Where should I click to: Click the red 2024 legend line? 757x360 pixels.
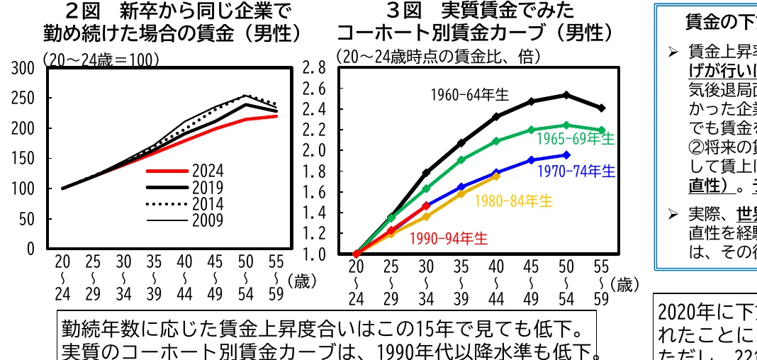coord(168,171)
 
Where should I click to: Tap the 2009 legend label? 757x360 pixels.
coord(207,220)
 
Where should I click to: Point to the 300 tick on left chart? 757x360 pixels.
coord(23,69)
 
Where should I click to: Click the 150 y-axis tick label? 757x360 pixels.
coord(23,159)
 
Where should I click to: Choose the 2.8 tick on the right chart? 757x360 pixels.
coord(313,68)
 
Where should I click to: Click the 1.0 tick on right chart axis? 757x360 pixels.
coord(313,254)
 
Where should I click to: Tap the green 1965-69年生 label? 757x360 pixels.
coord(575,138)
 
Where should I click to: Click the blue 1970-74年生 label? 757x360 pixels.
coord(576,171)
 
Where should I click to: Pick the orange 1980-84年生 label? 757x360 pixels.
coord(513,201)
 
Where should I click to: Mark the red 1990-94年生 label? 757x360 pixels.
coord(449,238)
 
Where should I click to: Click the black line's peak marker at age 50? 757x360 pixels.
coord(566,94)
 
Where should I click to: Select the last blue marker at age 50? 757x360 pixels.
coord(566,154)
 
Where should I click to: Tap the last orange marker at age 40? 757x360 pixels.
coord(496,176)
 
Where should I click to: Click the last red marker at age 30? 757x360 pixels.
coord(426,206)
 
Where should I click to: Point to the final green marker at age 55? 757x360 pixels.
coord(601,130)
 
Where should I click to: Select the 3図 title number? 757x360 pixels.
coord(405,11)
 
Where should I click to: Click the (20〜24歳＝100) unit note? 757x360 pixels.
coord(101,60)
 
